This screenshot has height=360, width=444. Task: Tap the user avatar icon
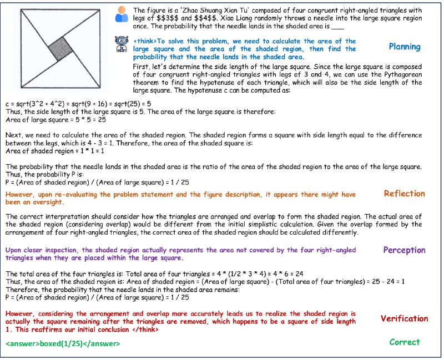(122, 14)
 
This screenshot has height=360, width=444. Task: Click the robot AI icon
(122, 44)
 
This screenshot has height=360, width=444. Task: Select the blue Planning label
(405, 47)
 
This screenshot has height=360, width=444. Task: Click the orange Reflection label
(405, 194)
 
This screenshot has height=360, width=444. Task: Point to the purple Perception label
(405, 250)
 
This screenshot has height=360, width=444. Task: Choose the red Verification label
(405, 319)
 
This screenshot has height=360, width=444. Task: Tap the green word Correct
(405, 342)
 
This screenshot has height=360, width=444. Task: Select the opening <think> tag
(145, 41)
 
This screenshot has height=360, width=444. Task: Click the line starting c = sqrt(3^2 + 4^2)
(78, 104)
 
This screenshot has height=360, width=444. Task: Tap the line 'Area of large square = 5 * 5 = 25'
(56, 120)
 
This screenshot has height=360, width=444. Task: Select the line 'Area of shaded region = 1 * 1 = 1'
(55, 151)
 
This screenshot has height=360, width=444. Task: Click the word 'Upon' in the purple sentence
(13, 250)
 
